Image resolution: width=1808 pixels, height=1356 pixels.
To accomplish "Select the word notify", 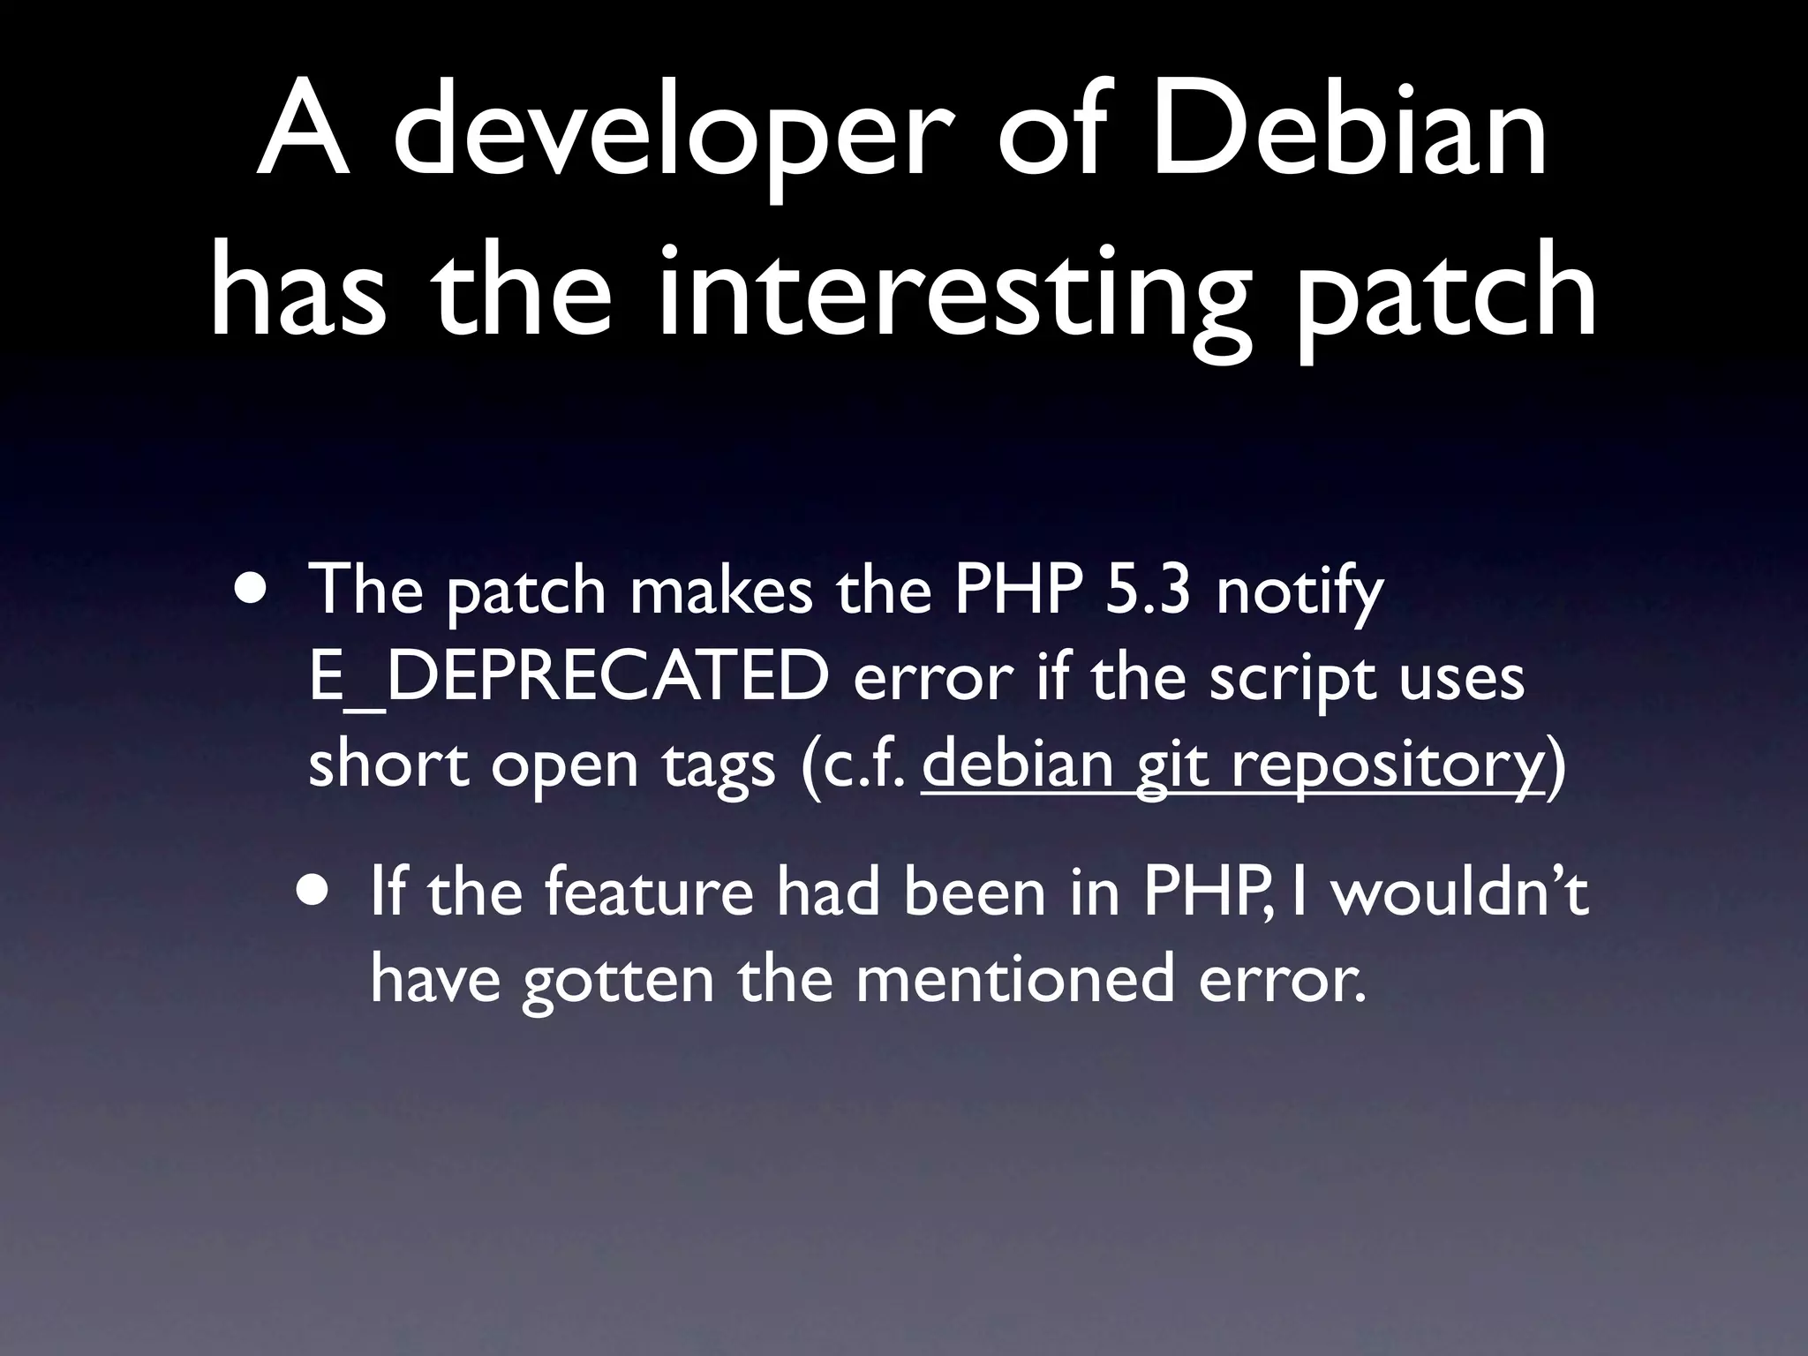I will [1299, 591].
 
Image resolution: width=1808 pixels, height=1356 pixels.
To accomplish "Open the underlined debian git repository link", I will [1232, 765].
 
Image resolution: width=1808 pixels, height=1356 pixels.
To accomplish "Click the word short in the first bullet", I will [388, 763].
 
